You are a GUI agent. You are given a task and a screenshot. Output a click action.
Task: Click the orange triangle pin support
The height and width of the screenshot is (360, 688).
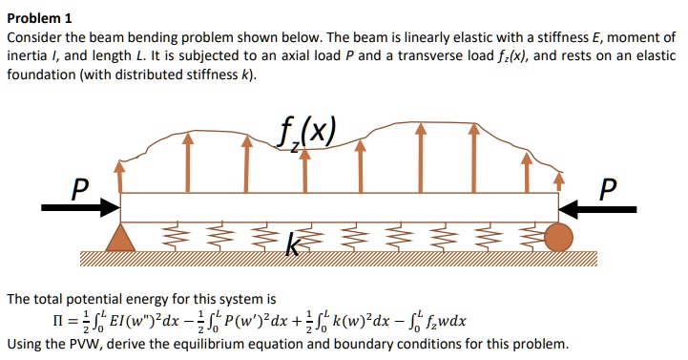pos(119,238)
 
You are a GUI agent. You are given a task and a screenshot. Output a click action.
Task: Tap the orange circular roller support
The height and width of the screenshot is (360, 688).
pos(560,236)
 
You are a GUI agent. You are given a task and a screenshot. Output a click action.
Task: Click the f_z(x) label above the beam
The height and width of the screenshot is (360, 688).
pos(303,131)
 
